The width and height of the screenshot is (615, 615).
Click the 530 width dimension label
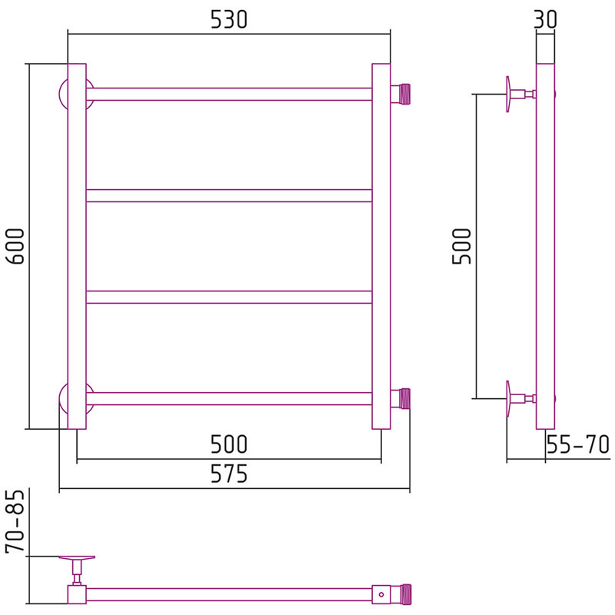pyautogui.click(x=229, y=20)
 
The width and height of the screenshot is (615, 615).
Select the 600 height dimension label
pyautogui.click(x=16, y=246)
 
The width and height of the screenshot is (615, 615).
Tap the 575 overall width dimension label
pyautogui.click(x=229, y=474)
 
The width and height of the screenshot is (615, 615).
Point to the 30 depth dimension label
pyautogui.click(x=545, y=19)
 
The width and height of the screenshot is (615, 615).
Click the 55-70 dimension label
pyautogui.click(x=578, y=444)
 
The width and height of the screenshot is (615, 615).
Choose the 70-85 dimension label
pyautogui.click(x=15, y=522)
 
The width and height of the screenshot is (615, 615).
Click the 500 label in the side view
pyautogui.click(x=462, y=246)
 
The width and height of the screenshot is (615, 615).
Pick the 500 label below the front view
pyautogui.click(x=229, y=444)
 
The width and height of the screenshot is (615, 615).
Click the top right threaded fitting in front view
pyautogui.click(x=401, y=94)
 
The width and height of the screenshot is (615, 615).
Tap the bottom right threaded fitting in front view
pyautogui.click(x=401, y=398)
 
